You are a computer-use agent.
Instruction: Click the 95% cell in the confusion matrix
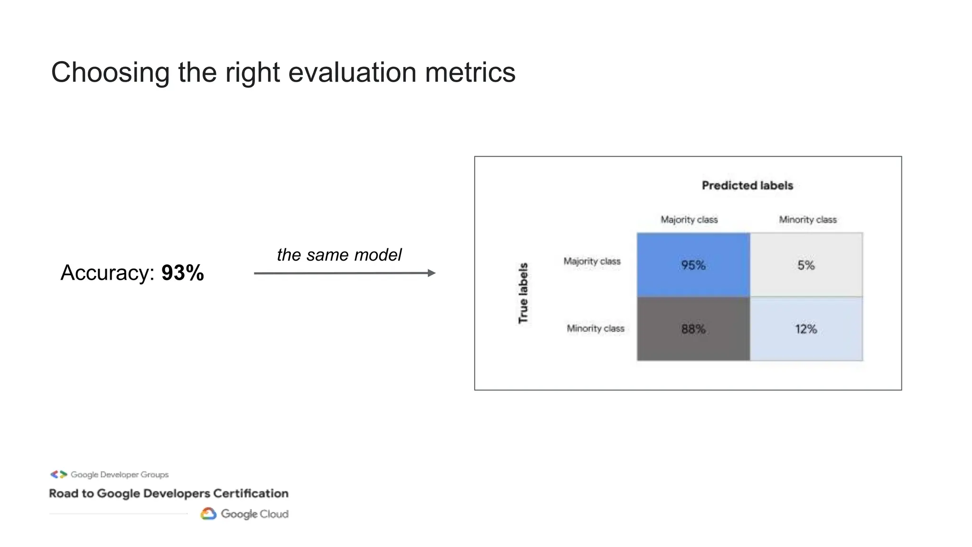pos(693,265)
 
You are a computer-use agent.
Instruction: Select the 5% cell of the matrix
pos(806,265)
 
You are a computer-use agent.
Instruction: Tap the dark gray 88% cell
pos(693,329)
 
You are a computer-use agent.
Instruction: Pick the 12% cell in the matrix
pos(806,329)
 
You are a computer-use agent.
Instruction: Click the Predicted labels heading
pos(747,186)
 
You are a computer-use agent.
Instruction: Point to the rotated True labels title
pos(523,293)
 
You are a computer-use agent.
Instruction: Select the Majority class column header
pos(689,220)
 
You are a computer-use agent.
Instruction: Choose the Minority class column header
pos(807,220)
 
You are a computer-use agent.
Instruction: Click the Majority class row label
pos(592,261)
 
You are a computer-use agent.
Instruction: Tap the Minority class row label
pos(595,329)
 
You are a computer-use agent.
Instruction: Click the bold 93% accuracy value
pos(183,273)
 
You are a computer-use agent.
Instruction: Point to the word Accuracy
pos(107,273)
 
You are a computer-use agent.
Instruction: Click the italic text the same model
pos(339,255)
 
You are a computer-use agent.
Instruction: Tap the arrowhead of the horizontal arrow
pos(431,273)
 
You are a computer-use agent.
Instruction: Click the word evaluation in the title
pos(352,73)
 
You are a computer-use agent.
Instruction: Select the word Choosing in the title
pos(110,73)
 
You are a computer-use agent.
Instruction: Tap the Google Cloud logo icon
pos(208,514)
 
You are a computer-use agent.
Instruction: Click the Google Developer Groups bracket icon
pos(59,474)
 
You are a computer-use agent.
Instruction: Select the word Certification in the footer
pos(251,493)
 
